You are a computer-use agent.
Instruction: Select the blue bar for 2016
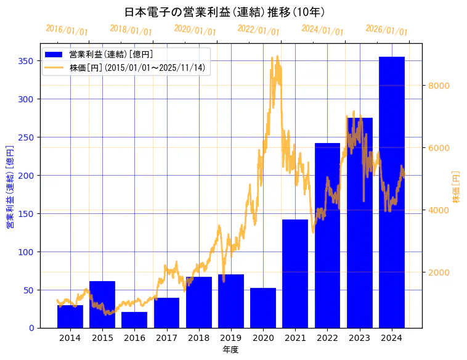click(x=134, y=320)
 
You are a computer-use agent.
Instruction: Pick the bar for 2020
click(x=263, y=308)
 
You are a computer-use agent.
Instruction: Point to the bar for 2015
click(x=102, y=305)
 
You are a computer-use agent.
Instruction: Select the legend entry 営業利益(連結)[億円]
click(x=111, y=55)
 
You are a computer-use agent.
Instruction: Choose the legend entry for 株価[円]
click(x=137, y=68)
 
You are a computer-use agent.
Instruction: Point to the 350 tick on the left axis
click(x=25, y=61)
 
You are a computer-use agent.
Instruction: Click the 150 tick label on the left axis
click(x=25, y=214)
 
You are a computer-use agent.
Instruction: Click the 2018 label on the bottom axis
click(x=198, y=338)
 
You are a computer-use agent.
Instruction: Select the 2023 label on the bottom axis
click(x=359, y=338)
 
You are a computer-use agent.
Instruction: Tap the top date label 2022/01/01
click(x=258, y=30)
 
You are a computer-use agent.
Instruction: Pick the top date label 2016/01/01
click(x=67, y=30)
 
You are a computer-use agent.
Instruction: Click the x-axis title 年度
click(x=230, y=350)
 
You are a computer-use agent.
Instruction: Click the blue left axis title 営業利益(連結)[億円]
click(x=10, y=187)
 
